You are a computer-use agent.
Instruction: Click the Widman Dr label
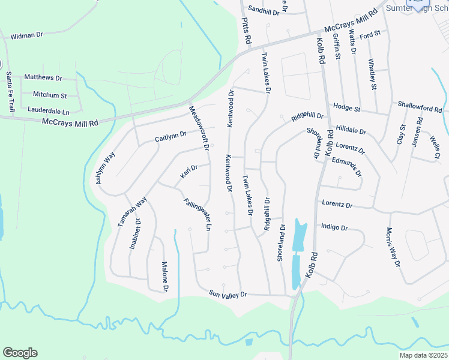(27, 35)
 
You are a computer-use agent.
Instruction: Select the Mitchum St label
(50, 95)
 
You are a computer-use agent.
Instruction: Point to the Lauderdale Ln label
(49, 111)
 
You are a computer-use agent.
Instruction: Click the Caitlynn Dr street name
(171, 137)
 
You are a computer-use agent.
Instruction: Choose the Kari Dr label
(189, 172)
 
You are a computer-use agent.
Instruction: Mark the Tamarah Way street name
(132, 211)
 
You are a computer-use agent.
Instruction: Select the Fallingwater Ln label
(197, 214)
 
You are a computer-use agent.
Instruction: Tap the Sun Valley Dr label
(228, 295)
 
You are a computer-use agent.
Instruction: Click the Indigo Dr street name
(334, 227)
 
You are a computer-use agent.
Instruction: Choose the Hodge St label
(346, 109)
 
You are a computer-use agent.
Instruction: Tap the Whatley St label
(372, 74)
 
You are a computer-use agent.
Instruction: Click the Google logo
(20, 353)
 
